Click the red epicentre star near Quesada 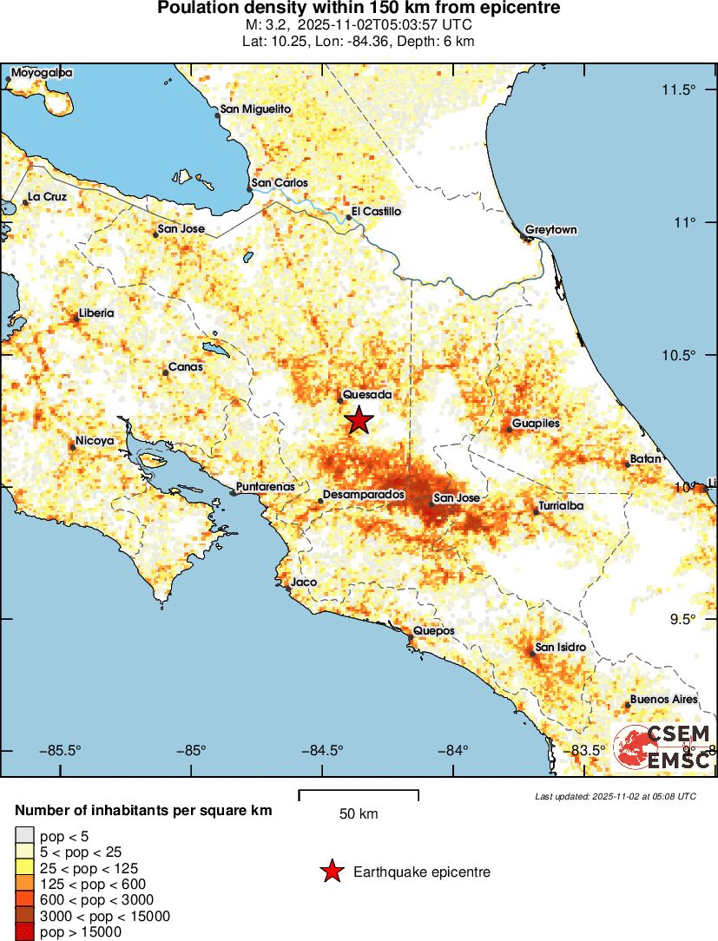click(359, 420)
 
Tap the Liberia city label click(96, 313)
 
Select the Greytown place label click(550, 229)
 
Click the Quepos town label click(433, 630)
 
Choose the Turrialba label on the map click(561, 505)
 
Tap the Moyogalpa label click(42, 73)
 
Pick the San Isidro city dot click(531, 654)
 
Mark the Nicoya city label click(95, 441)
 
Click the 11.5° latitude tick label click(680, 90)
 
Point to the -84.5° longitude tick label click(323, 750)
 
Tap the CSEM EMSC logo click(664, 746)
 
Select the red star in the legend click(331, 872)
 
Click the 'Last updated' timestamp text click(615, 796)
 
